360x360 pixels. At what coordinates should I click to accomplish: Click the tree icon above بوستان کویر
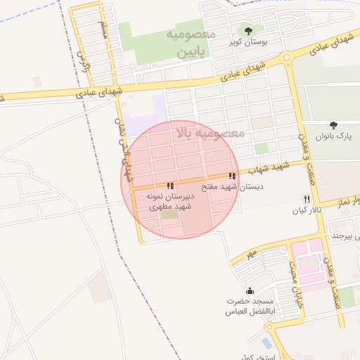[247, 30]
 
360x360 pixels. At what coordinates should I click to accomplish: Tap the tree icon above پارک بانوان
[333, 125]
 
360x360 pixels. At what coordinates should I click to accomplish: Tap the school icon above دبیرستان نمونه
[171, 186]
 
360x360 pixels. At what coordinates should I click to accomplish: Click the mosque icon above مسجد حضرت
[249, 291]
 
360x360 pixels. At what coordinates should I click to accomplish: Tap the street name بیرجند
[342, 233]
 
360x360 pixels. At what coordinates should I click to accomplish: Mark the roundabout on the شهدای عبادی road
[285, 58]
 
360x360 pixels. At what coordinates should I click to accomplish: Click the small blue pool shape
[266, 342]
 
